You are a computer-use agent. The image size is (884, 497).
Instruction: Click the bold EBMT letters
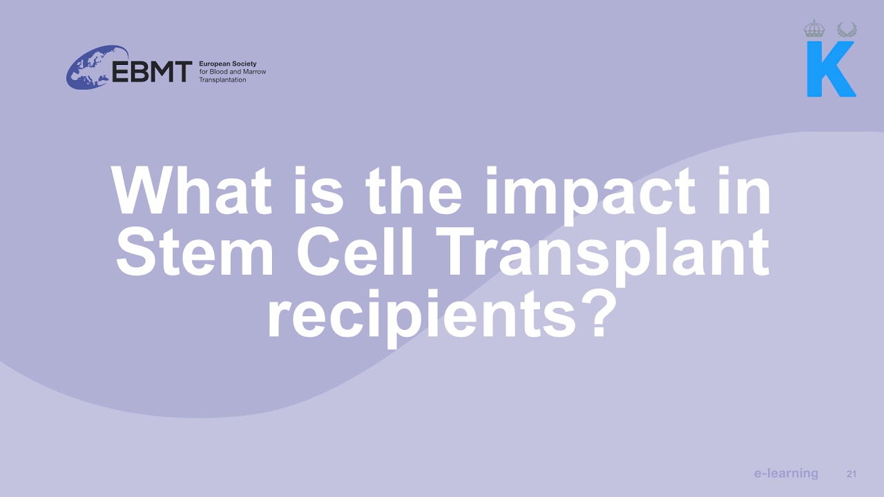[152, 71]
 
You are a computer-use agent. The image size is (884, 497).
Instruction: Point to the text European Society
[227, 64]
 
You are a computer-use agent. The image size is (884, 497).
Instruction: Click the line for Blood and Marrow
[232, 72]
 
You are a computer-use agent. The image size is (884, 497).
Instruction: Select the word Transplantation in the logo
[222, 80]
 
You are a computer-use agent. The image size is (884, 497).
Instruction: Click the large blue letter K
[831, 69]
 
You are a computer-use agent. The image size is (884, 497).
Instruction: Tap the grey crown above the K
[815, 29]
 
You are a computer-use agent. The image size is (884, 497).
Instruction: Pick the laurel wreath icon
[847, 29]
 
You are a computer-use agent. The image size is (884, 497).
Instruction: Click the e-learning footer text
[786, 474]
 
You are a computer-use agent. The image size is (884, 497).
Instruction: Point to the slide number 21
[851, 474]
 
